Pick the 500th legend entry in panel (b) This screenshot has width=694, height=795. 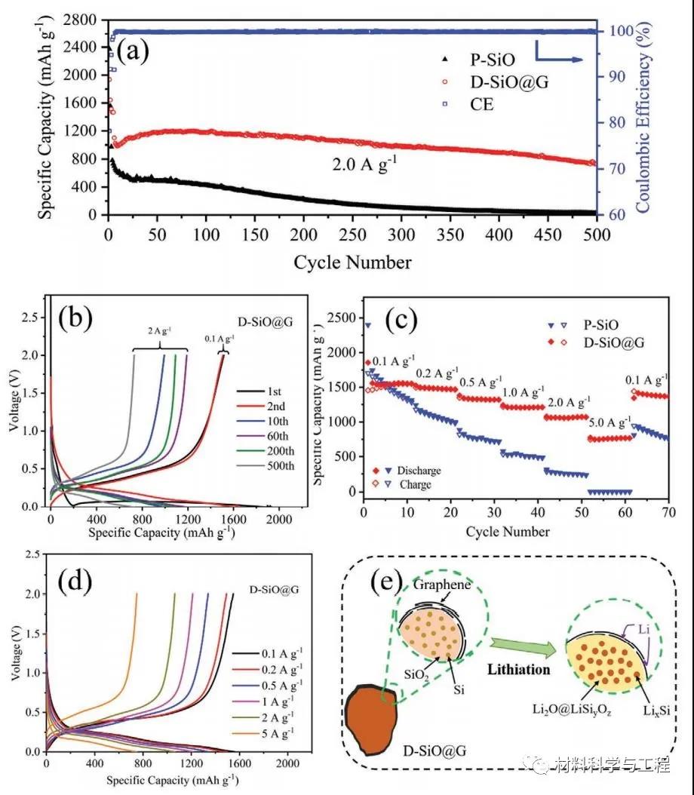281,465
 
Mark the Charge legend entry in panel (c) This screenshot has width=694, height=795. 416,484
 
